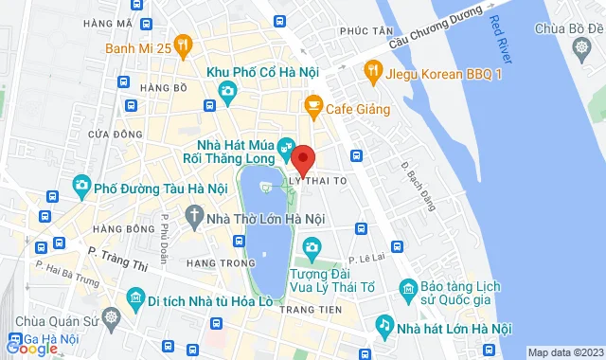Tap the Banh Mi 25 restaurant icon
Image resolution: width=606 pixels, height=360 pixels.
coord(184,43)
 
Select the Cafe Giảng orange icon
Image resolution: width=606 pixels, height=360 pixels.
coord(313,108)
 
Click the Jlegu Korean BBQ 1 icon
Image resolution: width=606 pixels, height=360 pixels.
coord(373,69)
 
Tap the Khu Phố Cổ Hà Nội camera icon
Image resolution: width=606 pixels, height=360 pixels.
coord(227,91)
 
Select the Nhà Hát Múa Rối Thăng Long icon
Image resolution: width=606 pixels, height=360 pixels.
coord(284,149)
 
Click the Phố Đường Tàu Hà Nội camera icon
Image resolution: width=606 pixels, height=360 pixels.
coord(81,184)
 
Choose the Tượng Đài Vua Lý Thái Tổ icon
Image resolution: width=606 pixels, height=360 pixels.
coord(312,249)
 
